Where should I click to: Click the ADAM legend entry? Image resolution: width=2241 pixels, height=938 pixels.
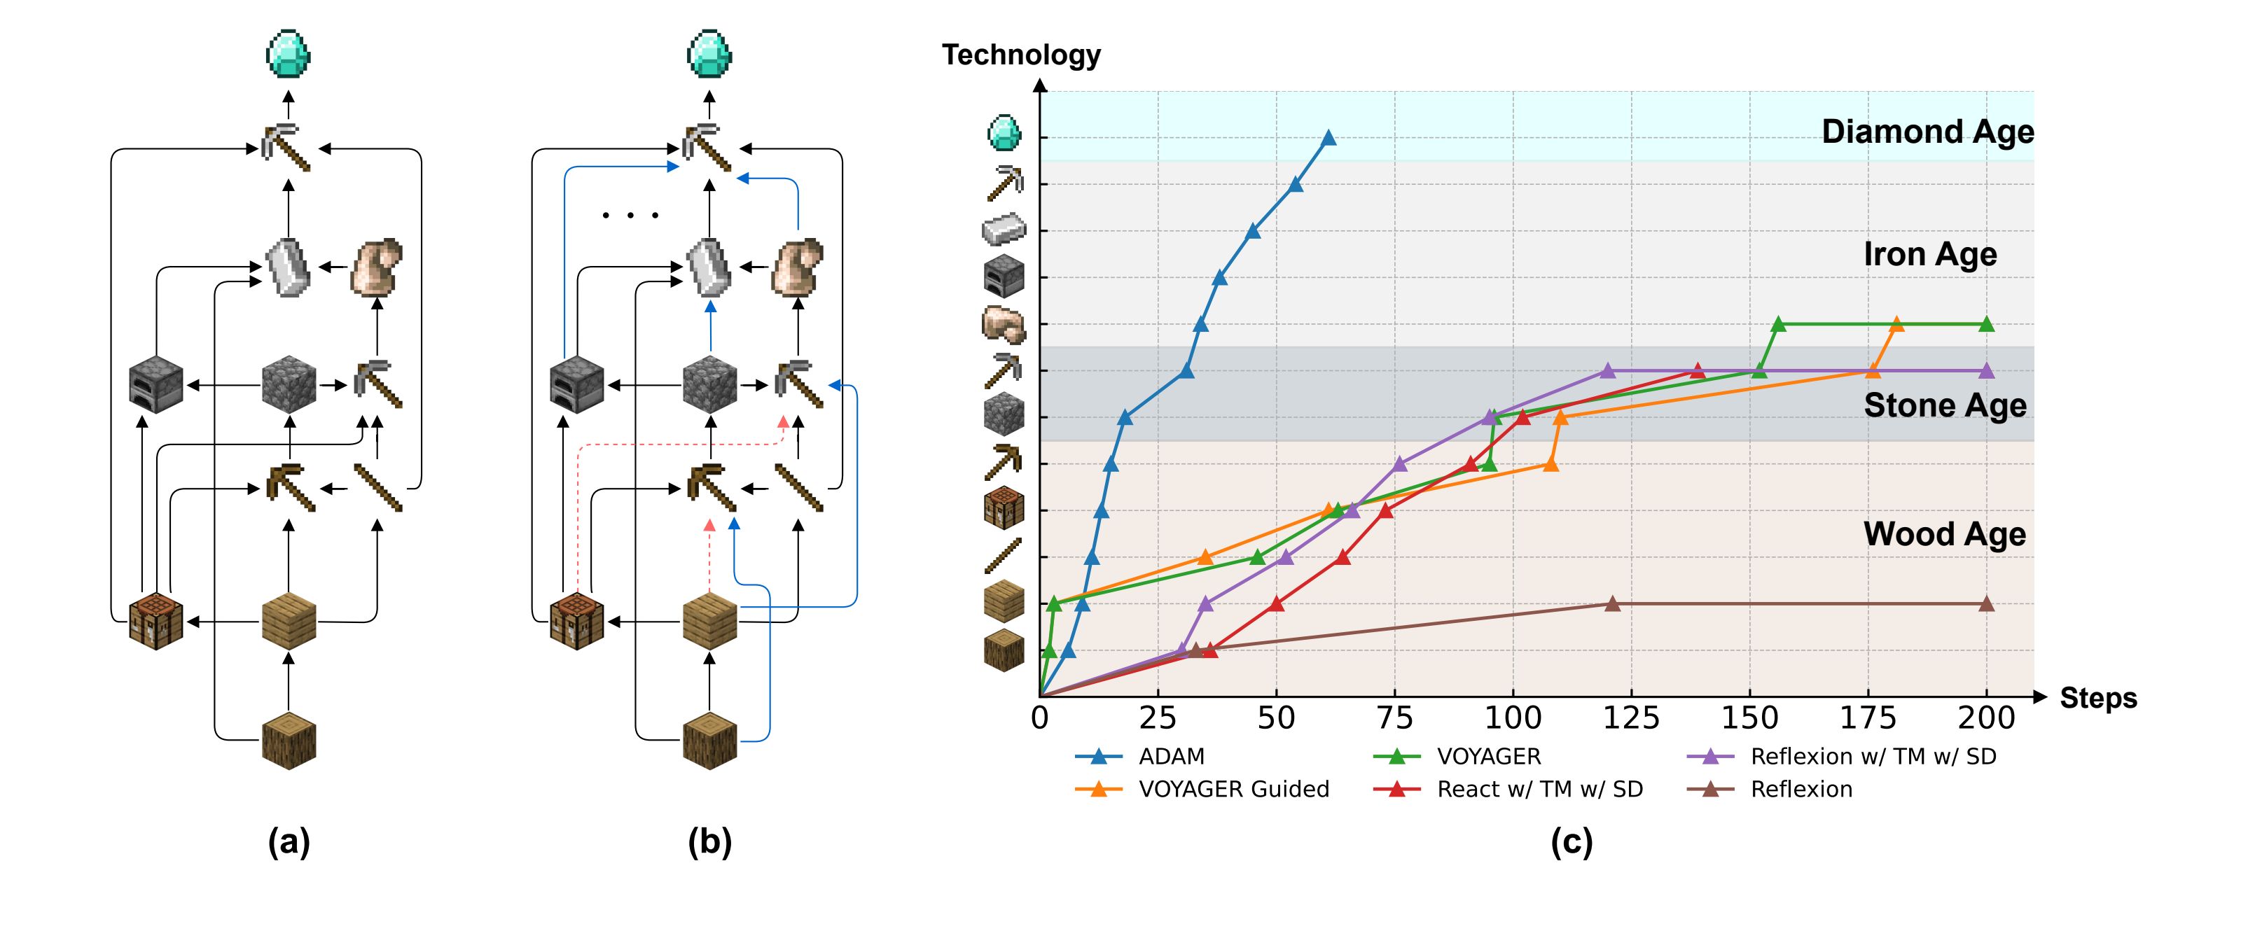[x=1170, y=756]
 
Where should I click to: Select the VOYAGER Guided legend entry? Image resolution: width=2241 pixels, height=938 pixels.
[x=1233, y=790]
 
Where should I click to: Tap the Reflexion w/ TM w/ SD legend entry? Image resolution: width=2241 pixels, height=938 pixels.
[x=1872, y=756]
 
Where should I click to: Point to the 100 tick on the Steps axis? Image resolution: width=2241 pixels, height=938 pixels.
[x=1513, y=718]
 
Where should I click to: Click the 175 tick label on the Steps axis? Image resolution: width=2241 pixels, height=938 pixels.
[x=1868, y=718]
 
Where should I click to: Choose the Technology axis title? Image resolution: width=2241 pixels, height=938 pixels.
[x=1021, y=55]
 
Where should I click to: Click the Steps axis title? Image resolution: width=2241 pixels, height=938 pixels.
[x=2097, y=698]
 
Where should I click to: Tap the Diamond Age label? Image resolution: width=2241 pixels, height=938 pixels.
[x=1927, y=132]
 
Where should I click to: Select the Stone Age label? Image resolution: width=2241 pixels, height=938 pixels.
[x=1944, y=405]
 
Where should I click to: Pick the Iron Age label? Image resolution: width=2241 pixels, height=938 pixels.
[x=1929, y=254]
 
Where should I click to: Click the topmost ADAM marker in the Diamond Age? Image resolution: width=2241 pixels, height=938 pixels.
[x=1328, y=137]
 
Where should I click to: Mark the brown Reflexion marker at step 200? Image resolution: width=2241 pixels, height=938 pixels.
[x=1986, y=604]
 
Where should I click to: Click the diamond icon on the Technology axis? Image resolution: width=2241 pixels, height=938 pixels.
[x=1004, y=133]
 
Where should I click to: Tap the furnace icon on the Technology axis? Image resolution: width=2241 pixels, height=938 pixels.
[x=1004, y=276]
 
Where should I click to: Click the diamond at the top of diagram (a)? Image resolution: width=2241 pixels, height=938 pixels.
[x=288, y=54]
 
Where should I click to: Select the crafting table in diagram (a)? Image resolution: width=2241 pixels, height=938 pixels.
[x=155, y=621]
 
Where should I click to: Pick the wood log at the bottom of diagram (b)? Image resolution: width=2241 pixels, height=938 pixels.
[x=710, y=740]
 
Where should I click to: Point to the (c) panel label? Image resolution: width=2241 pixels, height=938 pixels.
[x=1571, y=841]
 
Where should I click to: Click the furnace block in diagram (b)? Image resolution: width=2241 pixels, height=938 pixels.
[x=577, y=384]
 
